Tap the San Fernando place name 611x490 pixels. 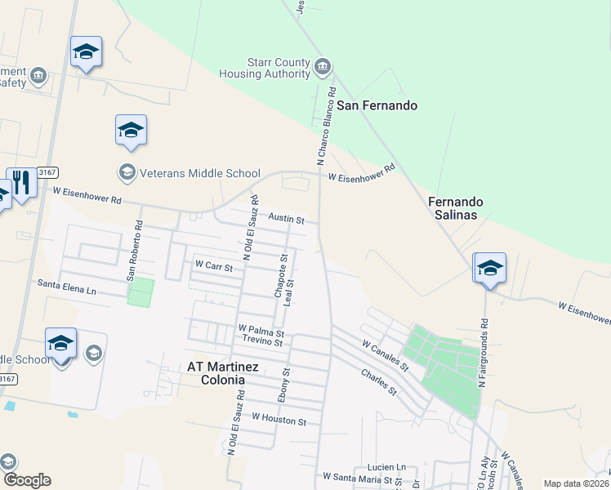coord(377,106)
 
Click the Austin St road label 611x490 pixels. coord(286,220)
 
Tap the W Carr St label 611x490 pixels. coord(213,265)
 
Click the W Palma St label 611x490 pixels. coord(261,332)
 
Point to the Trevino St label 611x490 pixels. coord(262,343)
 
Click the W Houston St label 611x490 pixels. coord(279,420)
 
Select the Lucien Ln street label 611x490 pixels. coord(390,465)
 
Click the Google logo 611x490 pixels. coord(26,479)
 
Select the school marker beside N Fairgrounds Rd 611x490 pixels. coord(490,268)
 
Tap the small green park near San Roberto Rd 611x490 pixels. coord(140,292)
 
